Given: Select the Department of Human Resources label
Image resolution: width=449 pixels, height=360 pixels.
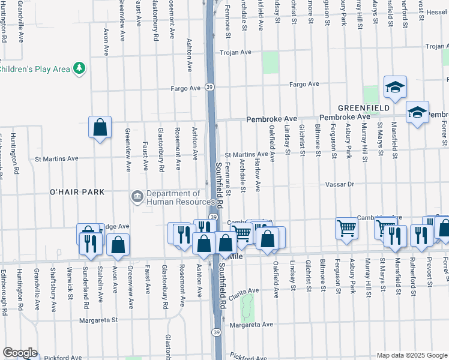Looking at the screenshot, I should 174,197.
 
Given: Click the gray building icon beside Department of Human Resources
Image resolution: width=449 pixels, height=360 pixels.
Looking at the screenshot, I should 137,196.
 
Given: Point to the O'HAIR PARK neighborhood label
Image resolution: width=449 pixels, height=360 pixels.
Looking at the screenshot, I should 77,192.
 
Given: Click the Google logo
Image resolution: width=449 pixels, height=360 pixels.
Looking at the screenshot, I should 20,353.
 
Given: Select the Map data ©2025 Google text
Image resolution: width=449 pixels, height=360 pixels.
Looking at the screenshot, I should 412,355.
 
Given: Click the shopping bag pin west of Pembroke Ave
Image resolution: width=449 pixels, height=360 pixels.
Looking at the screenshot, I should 100,127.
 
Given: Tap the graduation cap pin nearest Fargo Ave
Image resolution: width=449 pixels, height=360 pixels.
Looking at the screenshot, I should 396,88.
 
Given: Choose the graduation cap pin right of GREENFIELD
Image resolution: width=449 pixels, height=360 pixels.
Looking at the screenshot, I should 417,112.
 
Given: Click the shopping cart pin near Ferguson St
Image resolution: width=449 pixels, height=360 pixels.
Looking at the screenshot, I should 346,228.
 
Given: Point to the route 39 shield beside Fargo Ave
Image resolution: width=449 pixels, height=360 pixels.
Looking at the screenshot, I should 209,87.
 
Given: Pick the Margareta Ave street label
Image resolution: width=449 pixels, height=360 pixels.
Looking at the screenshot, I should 251,325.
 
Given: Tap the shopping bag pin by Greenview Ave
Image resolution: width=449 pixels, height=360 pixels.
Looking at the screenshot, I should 118,245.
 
